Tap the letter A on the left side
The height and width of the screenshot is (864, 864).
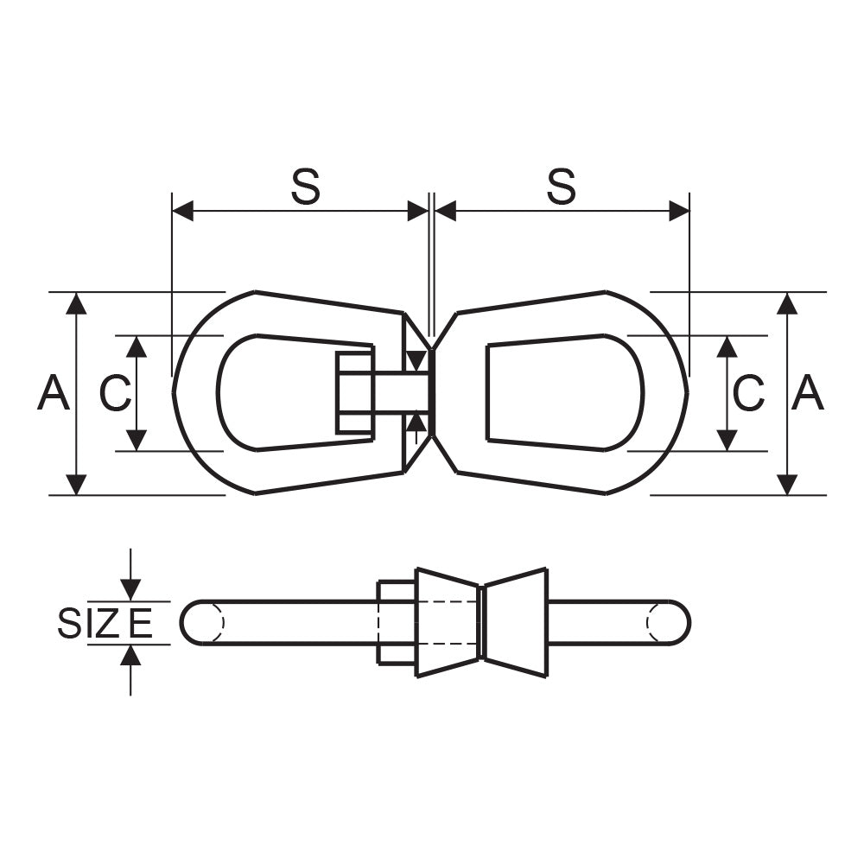pos(54,392)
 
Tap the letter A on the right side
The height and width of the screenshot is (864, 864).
pos(807,392)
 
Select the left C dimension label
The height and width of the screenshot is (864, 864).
pos(115,393)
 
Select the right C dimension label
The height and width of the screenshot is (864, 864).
pos(748,393)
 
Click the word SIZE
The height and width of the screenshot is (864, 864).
pos(105,623)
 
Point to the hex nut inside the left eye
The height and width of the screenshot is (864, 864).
pos(355,393)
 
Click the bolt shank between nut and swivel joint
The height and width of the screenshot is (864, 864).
pos(401,393)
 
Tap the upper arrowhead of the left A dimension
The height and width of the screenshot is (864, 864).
pos(76,303)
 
